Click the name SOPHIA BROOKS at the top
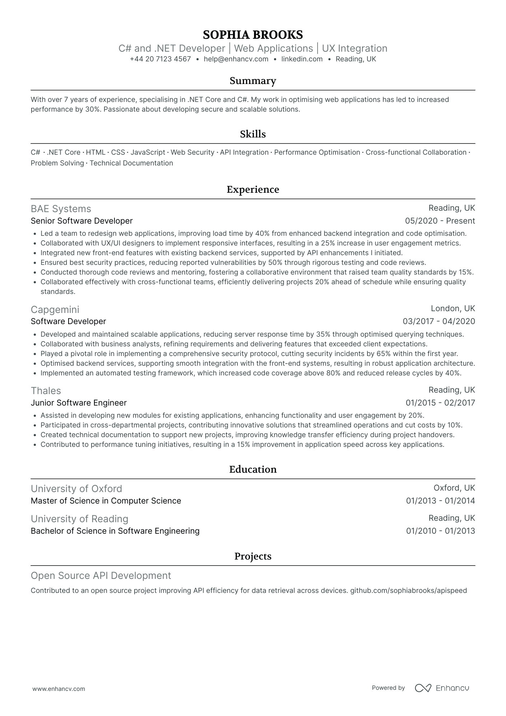coord(253,35)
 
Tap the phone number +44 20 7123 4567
coord(160,59)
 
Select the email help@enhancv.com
coord(236,59)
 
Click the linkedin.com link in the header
coord(302,59)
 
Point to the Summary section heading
coord(253,81)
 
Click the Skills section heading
coord(253,134)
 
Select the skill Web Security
coord(192,153)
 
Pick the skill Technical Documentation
coord(131,163)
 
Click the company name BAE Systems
coord(61,209)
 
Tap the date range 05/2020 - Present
coord(440,221)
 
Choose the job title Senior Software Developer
coord(82,221)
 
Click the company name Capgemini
coord(55,309)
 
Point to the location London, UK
coord(453,309)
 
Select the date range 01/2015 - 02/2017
coord(440,403)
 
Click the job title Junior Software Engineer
coord(79,403)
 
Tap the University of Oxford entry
coord(76,489)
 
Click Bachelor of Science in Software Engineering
coord(115,531)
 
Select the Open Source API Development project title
coord(101,576)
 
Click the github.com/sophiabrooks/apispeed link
coord(408,591)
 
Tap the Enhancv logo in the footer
coord(442,688)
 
